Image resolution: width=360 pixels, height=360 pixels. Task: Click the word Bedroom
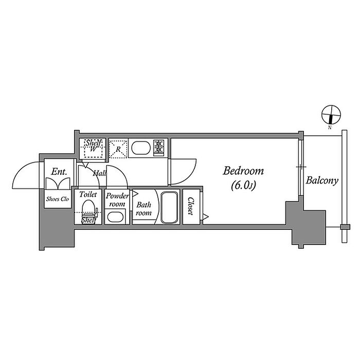coord(244,171)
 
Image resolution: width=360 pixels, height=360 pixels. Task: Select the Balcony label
coord(322,181)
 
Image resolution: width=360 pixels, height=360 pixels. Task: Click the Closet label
coord(190,207)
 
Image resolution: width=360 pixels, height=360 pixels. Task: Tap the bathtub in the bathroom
coord(169,207)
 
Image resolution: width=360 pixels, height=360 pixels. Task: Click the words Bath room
coord(143,209)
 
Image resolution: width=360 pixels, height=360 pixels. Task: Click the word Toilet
coord(88,195)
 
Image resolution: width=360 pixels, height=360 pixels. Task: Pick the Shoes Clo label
coord(57,199)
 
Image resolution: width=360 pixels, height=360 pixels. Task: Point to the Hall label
coord(99,174)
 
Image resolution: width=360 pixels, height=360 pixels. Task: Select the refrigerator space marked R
coord(118,149)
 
